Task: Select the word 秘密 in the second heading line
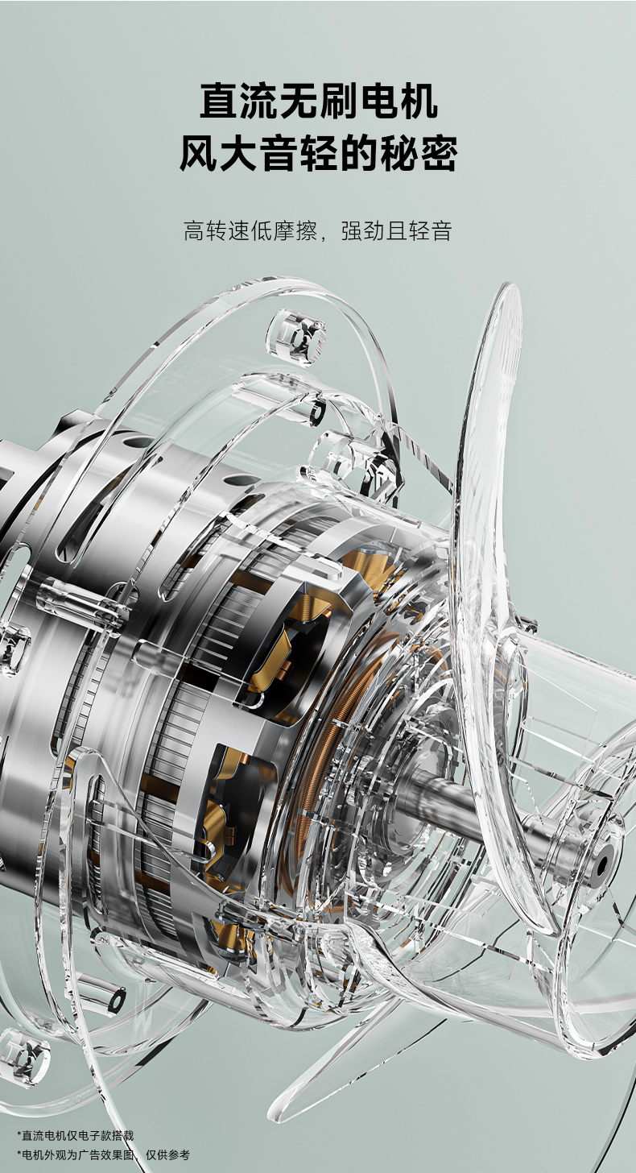(x=419, y=153)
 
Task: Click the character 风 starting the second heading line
(x=199, y=153)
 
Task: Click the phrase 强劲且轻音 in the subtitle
(x=396, y=231)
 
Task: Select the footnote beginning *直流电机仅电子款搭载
(x=76, y=1135)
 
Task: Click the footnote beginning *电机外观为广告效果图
(x=103, y=1154)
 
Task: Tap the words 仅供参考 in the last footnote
(x=167, y=1154)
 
